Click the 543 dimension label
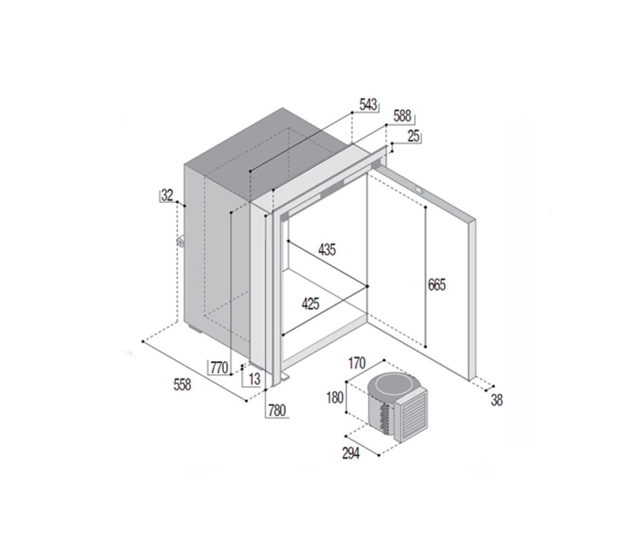point(368,105)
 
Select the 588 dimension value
point(402,117)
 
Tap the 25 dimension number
point(414,136)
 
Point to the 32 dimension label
point(167,196)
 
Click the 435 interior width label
point(327,250)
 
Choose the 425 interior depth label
point(310,304)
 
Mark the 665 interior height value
point(437,285)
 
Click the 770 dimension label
point(219,367)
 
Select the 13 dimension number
point(254,379)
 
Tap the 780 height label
point(277,410)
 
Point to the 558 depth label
point(182,385)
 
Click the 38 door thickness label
point(497,400)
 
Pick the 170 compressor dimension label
point(356,363)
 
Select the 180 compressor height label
point(334,398)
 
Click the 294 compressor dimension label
point(351,453)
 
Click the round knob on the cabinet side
point(181,242)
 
